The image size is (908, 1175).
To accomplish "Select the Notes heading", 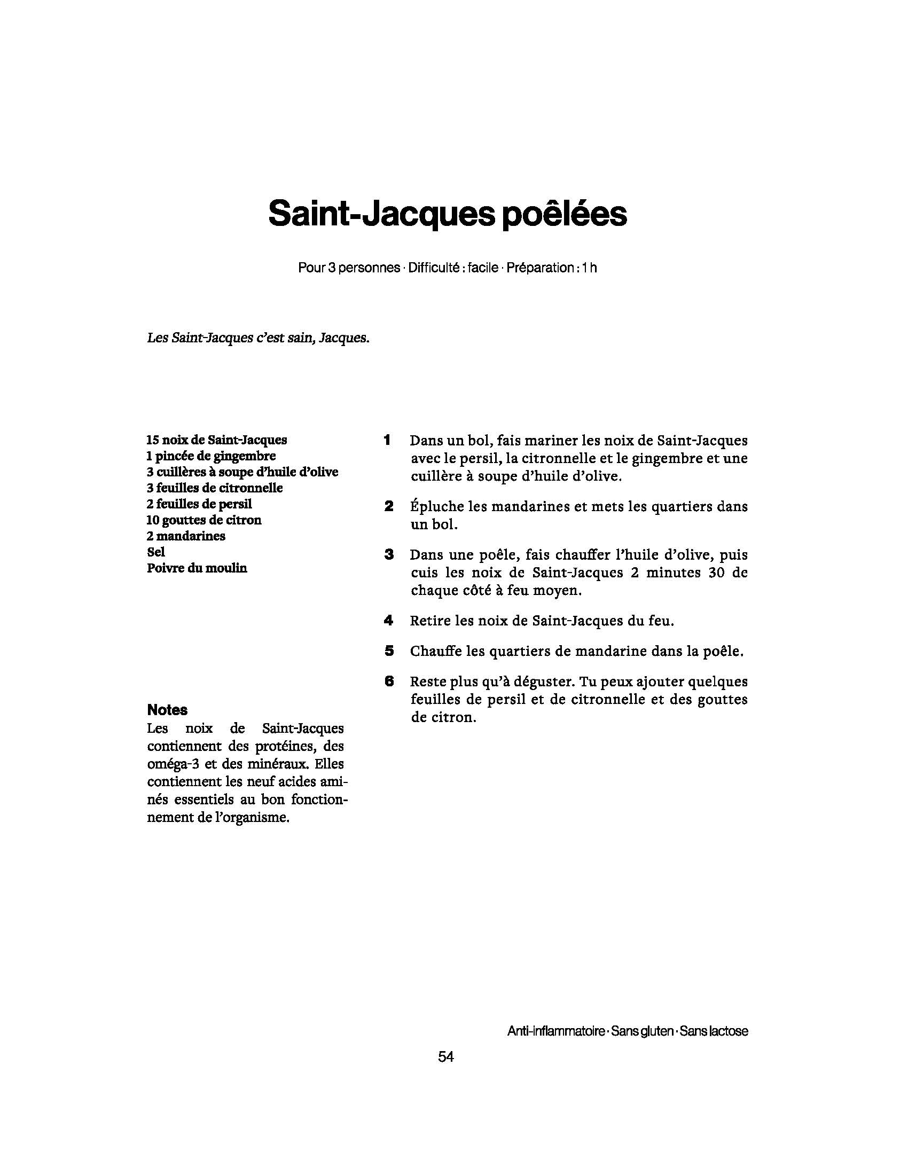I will pos(167,710).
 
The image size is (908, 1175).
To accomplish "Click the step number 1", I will pos(387,440).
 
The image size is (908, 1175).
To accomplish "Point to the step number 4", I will pos(388,620).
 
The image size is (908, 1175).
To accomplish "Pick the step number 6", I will pos(389,681).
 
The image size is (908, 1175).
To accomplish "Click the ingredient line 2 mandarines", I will pos(185,536).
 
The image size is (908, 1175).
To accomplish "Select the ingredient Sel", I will pos(156,552).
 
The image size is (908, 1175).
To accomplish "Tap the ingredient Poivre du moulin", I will pos(197,568).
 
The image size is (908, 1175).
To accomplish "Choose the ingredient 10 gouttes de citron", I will pos(204,520).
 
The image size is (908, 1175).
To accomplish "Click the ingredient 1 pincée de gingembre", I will pos(211,456).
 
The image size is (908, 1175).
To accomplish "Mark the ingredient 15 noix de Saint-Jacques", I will pos(217,440).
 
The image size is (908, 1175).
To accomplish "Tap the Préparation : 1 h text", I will pos(551,268).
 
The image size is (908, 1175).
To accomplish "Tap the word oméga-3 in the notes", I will pos(173,764).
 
